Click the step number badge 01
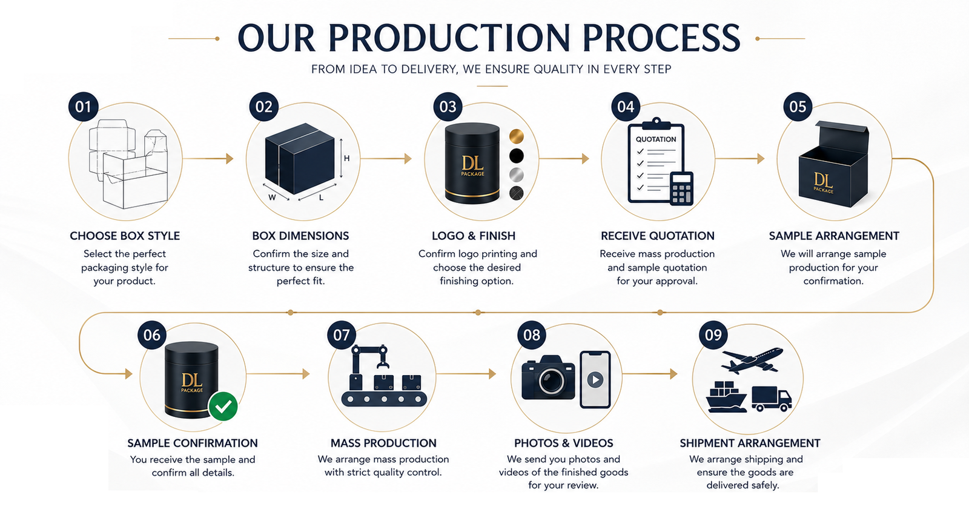(x=84, y=107)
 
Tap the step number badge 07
(x=342, y=335)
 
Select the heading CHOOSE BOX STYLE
(x=125, y=236)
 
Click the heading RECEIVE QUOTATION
(x=657, y=236)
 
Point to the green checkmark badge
(x=223, y=407)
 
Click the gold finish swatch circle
(x=516, y=136)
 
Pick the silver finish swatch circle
(x=516, y=175)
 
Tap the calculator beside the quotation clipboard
(x=682, y=188)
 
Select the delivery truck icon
(x=772, y=398)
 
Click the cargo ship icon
(x=726, y=396)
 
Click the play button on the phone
(x=595, y=380)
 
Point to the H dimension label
(x=346, y=158)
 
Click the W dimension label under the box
(x=272, y=198)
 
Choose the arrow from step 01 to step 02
(x=208, y=159)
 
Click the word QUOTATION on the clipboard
(x=656, y=139)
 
